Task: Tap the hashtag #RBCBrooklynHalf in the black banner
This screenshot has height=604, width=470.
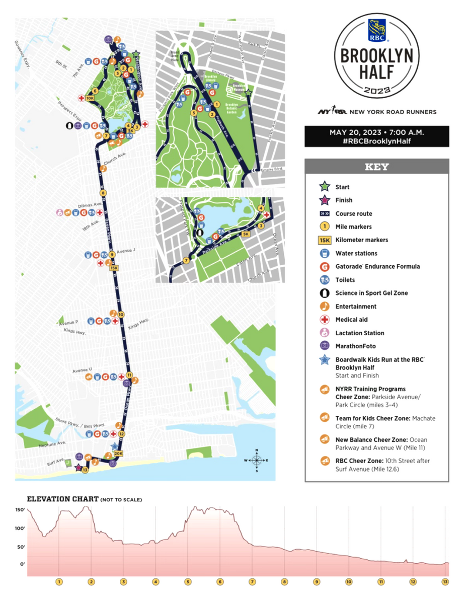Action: [x=376, y=141]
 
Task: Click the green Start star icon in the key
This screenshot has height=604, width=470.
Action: [x=325, y=187]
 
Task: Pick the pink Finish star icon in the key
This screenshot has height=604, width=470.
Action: [x=325, y=200]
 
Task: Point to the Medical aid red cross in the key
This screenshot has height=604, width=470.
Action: [x=325, y=320]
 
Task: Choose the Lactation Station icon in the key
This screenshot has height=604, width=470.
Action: [x=325, y=333]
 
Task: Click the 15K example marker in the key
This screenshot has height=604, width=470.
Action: [x=325, y=240]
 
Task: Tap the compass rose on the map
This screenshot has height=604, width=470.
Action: [x=257, y=460]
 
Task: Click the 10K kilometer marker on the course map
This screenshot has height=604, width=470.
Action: [x=90, y=98]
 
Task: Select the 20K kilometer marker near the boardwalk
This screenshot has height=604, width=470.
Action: [x=118, y=453]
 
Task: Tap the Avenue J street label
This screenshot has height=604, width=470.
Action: [x=126, y=251]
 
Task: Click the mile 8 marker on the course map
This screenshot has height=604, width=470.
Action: [x=104, y=193]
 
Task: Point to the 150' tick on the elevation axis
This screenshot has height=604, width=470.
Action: [x=20, y=510]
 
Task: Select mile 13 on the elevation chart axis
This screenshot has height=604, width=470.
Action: [x=445, y=582]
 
